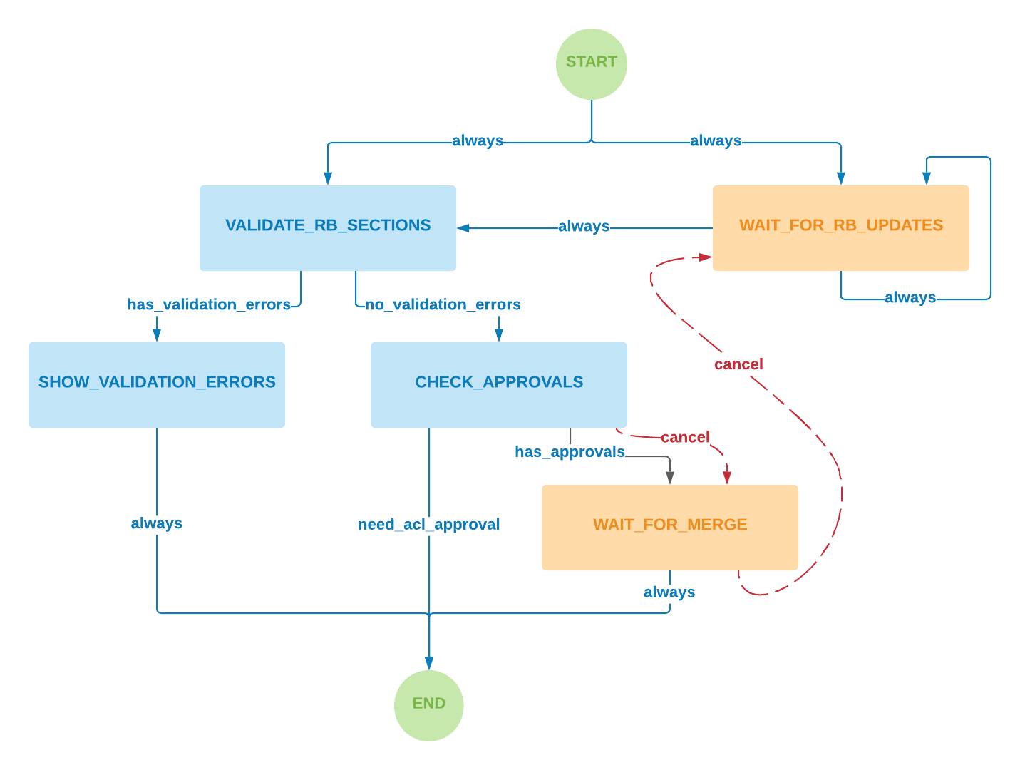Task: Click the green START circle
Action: (591, 63)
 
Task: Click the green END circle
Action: (428, 705)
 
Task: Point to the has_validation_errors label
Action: (209, 305)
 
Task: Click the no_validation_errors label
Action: (443, 305)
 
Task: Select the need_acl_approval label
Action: (429, 525)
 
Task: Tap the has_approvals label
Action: (570, 452)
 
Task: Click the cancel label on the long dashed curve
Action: (738, 365)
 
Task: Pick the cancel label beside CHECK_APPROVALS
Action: (685, 438)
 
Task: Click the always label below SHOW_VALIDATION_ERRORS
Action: (157, 524)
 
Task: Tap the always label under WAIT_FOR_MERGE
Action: (669, 592)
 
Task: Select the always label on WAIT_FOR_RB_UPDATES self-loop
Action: (910, 298)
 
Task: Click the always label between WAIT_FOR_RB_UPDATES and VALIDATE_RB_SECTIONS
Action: (584, 227)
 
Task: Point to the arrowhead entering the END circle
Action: (429, 663)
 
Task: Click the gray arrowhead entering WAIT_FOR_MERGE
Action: (670, 478)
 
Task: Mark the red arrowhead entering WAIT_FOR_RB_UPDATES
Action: (705, 257)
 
